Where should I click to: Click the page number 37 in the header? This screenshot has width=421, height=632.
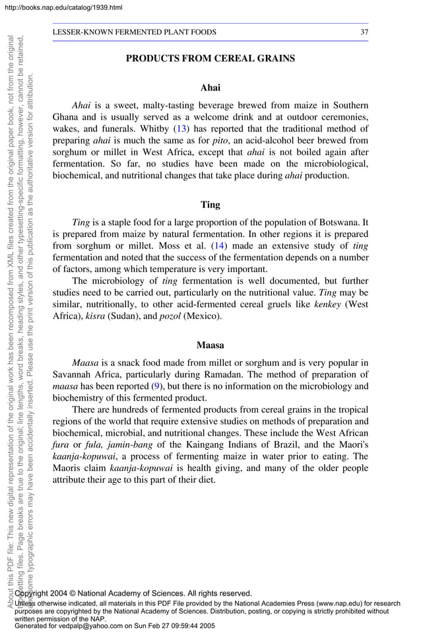coord(364,32)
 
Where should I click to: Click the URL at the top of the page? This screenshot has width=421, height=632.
coord(61,7)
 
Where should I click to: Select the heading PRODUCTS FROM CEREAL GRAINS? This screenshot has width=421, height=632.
coord(210,59)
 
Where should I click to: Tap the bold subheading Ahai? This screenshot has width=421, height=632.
coord(210,87)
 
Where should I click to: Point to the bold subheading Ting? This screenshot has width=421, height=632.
coord(210,205)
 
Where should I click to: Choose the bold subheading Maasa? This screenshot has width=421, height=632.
coord(210,345)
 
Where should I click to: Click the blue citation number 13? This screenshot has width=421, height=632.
coord(180,129)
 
